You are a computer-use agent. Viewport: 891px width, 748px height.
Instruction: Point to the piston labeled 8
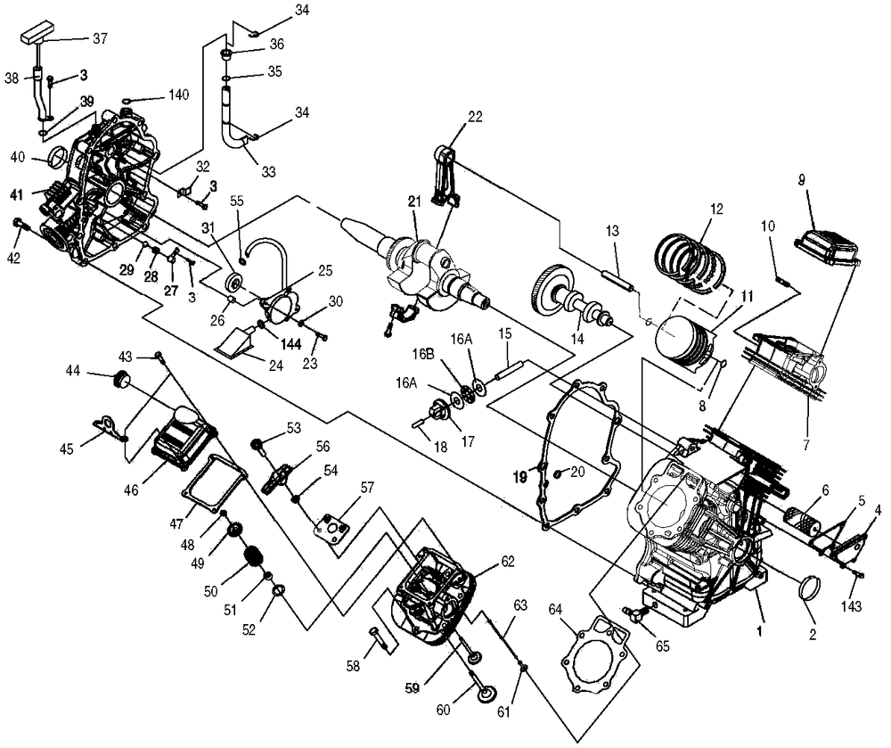point(686,343)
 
